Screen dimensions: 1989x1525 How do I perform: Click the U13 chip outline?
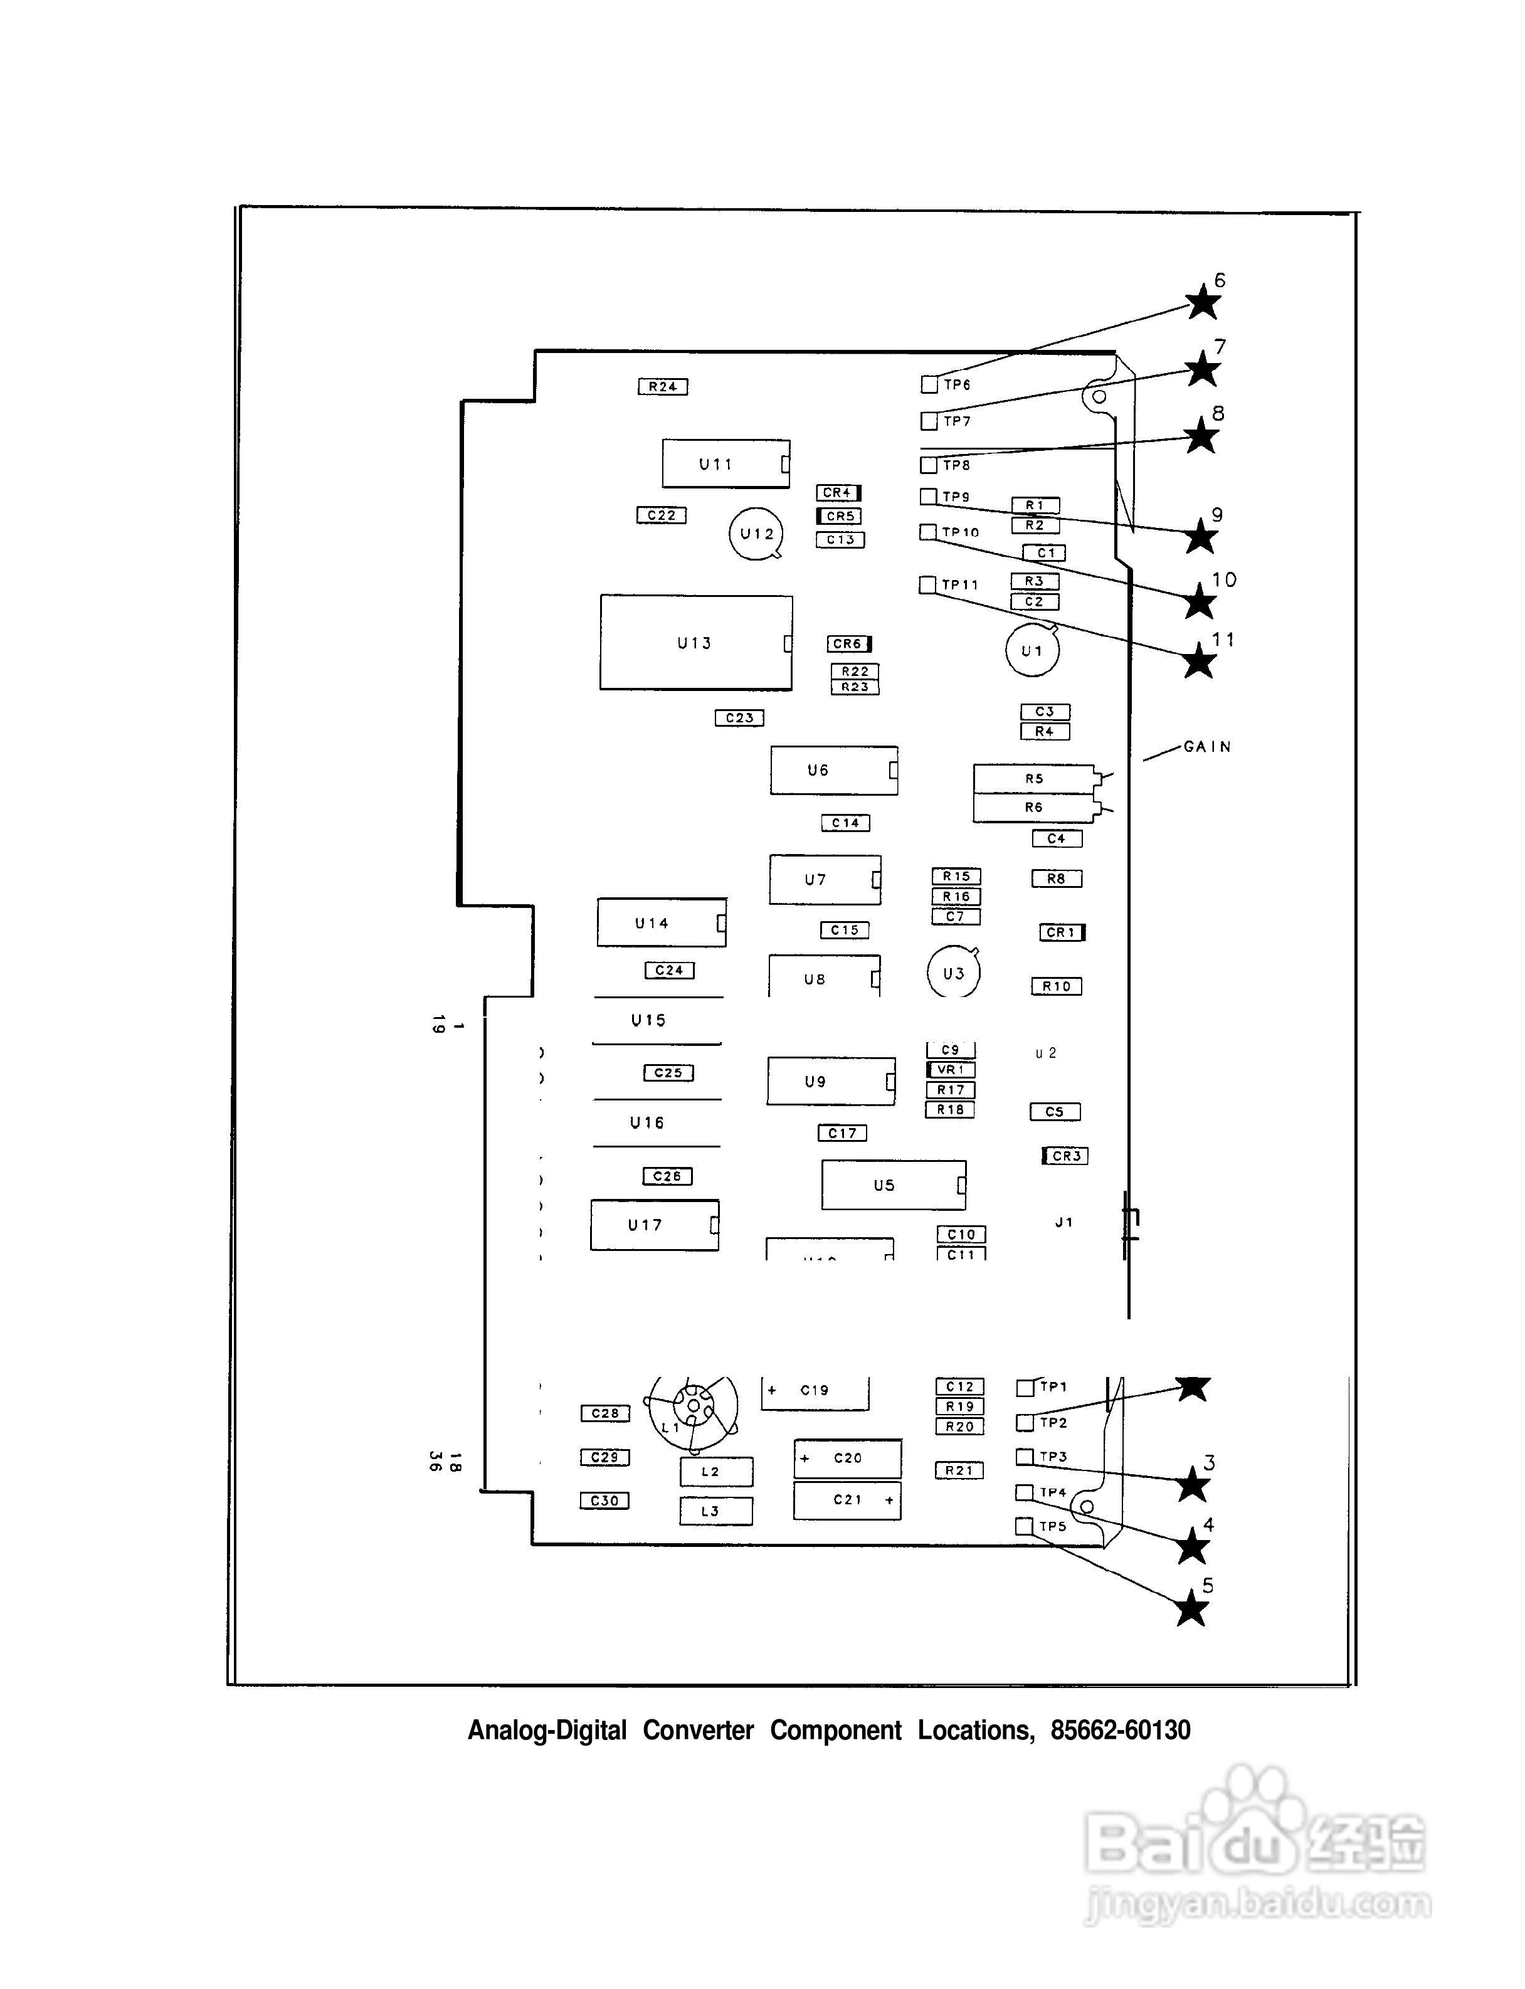pos(695,643)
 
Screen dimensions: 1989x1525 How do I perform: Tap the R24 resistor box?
pos(663,387)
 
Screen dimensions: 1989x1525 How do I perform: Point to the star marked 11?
pos(1199,661)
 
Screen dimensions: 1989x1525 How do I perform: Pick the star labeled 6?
pos(1203,302)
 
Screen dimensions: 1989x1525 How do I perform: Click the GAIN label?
pos(1207,747)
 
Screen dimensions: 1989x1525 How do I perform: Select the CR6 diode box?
pos(849,643)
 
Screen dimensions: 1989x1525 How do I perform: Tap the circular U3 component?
pos(953,973)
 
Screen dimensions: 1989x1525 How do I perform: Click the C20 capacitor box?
pos(848,1458)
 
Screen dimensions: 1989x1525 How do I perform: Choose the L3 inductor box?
pos(715,1511)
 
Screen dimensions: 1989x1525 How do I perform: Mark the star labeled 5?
pos(1191,1610)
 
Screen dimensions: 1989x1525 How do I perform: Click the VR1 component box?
pos(951,1069)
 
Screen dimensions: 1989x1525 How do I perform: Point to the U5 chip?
pos(893,1184)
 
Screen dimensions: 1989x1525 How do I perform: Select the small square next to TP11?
pos(927,584)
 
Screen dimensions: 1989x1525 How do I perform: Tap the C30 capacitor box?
pos(604,1501)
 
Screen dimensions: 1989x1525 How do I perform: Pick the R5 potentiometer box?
pos(1034,779)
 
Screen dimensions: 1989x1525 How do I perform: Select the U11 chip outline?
pos(726,464)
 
